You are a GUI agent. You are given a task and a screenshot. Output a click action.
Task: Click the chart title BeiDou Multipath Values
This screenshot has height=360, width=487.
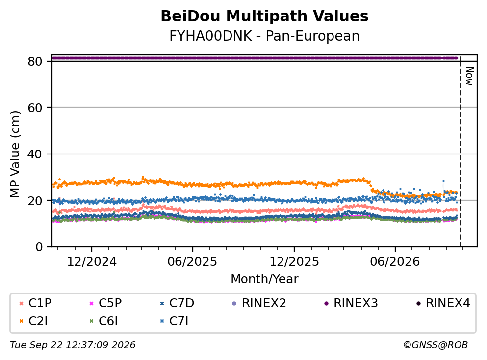[264, 16]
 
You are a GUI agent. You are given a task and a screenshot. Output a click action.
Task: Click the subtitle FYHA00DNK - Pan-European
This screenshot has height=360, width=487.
[264, 36]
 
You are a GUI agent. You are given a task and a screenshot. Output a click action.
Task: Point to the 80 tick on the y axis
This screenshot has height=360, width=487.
[35, 61]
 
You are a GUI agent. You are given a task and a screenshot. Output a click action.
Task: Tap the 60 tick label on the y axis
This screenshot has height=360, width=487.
[35, 108]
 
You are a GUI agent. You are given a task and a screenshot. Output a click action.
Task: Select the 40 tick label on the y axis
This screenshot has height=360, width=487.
[35, 154]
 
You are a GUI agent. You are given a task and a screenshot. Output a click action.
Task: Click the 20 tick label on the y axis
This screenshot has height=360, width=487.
[35, 200]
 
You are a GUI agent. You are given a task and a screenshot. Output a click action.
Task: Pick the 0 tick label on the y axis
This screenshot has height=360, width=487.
[39, 247]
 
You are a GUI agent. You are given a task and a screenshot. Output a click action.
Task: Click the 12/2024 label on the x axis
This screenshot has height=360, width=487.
[92, 262]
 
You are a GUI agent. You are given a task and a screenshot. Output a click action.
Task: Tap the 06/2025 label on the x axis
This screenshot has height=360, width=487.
[192, 262]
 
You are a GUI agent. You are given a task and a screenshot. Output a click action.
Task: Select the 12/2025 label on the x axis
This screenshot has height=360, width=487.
[294, 262]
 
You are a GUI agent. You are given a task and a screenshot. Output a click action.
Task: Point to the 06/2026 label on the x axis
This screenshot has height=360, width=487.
[395, 262]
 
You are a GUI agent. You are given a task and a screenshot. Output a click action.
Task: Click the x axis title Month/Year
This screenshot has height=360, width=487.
[264, 279]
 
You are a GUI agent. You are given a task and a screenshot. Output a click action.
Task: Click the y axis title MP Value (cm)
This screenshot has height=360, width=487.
[15, 154]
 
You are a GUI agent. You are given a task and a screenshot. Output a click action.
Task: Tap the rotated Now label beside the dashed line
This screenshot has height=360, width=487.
[469, 76]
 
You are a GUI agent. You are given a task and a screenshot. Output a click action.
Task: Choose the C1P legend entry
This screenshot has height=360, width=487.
[35, 303]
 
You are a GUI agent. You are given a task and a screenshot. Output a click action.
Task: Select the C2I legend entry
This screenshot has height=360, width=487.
[33, 321]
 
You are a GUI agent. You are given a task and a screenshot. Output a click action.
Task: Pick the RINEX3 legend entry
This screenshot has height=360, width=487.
[351, 303]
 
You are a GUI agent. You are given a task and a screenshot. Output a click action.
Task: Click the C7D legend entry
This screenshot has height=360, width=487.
[177, 303]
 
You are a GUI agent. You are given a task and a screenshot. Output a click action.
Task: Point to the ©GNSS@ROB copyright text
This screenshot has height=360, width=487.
[436, 345]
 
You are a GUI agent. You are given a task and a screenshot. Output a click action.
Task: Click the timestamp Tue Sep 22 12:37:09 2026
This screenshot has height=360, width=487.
[73, 345]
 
